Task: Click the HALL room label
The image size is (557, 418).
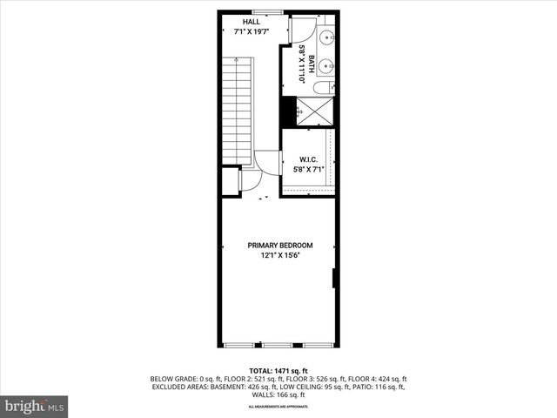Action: point(250,22)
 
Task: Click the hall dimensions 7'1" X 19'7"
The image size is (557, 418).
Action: point(250,31)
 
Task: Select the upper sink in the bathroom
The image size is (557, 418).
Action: point(325,38)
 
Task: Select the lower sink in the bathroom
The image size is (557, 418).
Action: point(325,64)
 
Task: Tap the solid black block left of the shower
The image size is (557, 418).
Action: point(285,110)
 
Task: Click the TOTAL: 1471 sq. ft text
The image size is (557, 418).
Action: point(278,371)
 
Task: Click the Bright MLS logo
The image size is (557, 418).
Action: point(35,406)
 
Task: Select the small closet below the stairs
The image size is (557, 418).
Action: point(231,179)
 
